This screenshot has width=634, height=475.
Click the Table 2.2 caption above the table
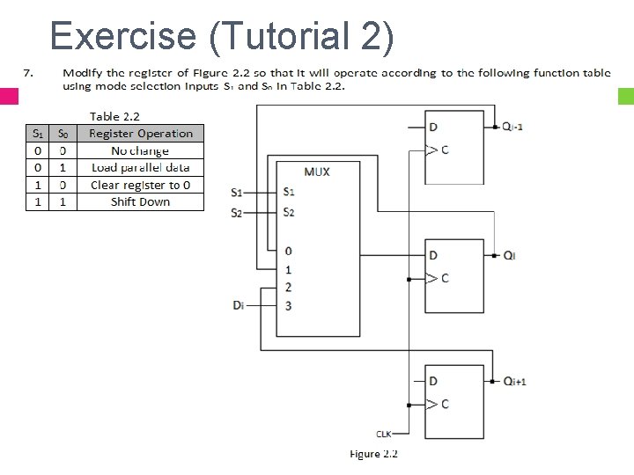pyautogui.click(x=114, y=116)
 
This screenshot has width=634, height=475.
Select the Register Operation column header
pyautogui.click(x=141, y=134)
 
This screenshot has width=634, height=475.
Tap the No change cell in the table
pyautogui.click(x=141, y=150)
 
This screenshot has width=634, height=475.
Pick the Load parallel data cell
pyautogui.click(x=141, y=167)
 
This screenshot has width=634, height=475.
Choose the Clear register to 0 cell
pyautogui.click(x=141, y=185)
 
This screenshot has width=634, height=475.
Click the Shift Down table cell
pyautogui.click(x=141, y=201)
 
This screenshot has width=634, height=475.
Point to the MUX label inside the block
pyautogui.click(x=317, y=172)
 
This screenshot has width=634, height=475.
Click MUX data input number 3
pyautogui.click(x=289, y=305)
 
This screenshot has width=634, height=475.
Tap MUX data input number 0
pyautogui.click(x=289, y=252)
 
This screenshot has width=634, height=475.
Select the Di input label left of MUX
pyautogui.click(x=239, y=305)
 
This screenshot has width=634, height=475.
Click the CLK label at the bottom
pyautogui.click(x=385, y=434)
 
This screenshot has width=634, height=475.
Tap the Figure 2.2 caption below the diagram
pyautogui.click(x=374, y=454)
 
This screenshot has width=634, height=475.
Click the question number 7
pyautogui.click(x=27, y=72)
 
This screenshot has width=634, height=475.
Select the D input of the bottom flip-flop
pyautogui.click(x=432, y=381)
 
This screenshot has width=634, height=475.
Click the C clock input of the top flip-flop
pyautogui.click(x=445, y=150)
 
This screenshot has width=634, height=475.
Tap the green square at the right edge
pyautogui.click(x=626, y=96)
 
